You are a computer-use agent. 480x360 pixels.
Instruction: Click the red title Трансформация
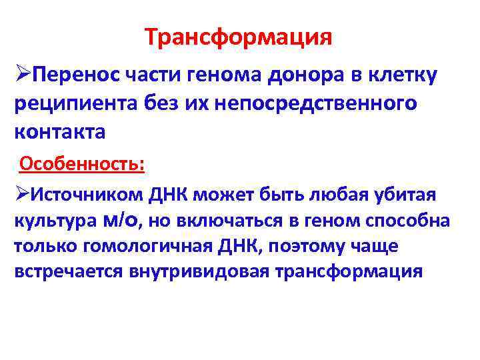239,37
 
